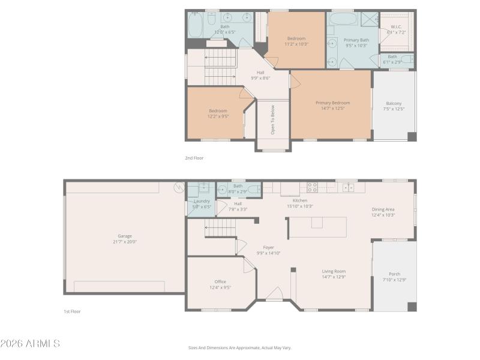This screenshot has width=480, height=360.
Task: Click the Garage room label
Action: [125, 236]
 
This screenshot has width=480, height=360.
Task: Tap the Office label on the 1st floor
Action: [220, 281]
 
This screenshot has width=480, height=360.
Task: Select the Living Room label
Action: [334, 271]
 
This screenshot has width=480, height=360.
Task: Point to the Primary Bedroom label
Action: [332, 103]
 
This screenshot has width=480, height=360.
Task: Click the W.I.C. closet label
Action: [397, 26]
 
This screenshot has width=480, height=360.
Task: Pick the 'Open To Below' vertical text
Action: [272, 119]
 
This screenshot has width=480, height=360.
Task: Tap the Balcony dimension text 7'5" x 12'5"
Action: [394, 109]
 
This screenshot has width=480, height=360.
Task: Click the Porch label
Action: [395, 274]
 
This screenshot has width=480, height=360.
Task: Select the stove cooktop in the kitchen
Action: [312, 187]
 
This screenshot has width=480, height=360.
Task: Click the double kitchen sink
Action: [348, 187]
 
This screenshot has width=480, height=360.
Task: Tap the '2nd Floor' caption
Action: [194, 158]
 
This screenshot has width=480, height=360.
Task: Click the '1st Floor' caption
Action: [72, 311]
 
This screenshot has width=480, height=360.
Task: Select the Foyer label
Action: [268, 247]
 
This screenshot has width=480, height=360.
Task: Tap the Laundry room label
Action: [202, 201]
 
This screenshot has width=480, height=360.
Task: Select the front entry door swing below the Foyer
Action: [274, 294]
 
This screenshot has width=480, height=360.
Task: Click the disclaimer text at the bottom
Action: [239, 347]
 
